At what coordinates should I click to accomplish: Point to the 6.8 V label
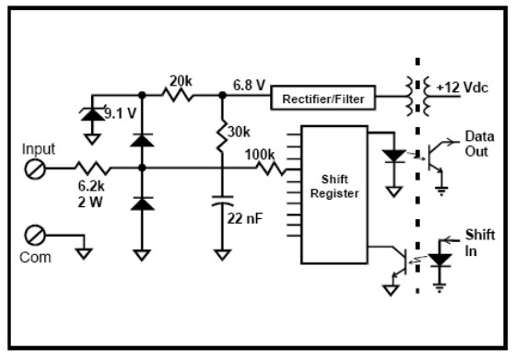[249, 86]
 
